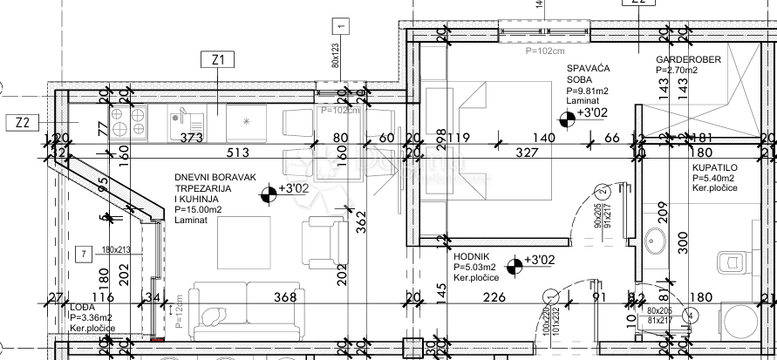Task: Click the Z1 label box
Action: (218, 60)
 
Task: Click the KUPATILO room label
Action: (714, 166)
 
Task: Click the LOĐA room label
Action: (81, 307)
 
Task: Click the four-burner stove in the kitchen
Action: (128, 122)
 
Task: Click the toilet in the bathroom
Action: (727, 260)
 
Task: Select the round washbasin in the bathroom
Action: (653, 238)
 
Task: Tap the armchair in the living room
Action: (324, 241)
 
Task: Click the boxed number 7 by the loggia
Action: (83, 254)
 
